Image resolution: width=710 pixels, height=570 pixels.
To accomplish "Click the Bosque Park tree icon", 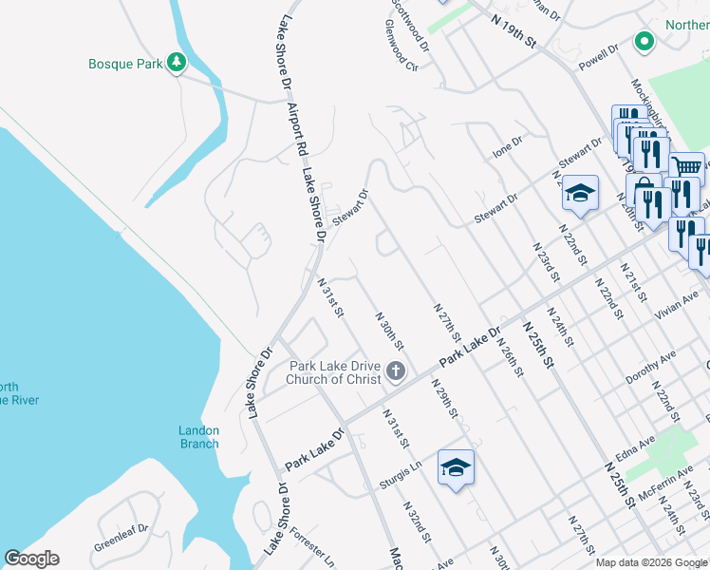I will pos(176,63).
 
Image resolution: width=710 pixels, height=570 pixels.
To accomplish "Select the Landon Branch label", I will pos(198,437).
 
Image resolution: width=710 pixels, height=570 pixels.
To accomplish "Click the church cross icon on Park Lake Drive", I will pos(395,370).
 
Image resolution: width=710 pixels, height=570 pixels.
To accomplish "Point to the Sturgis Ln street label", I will pos(400,466).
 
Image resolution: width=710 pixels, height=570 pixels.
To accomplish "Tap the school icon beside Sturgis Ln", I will pos(456,467).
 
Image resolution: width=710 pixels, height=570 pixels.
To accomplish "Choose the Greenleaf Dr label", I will pos(121,539).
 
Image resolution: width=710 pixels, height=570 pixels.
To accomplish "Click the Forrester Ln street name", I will pos(312,542).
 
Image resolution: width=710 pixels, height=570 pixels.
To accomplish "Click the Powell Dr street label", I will pos(598,56).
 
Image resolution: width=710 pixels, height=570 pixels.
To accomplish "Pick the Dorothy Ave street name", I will pos(650,367).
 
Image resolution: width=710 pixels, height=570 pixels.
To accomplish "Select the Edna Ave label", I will pos(636,450).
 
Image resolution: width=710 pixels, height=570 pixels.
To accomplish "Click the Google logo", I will pos(31,559).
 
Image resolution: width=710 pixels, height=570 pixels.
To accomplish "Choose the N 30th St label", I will pos(390,330).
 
